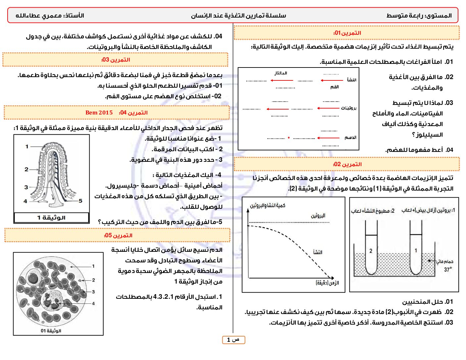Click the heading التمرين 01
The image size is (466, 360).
coord(347,33)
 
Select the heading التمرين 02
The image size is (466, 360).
coord(347,164)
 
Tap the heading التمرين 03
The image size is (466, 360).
coord(116,60)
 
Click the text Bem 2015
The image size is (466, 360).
coord(99,112)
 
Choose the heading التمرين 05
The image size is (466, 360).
coord(118,236)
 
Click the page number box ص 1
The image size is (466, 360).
coord(233,340)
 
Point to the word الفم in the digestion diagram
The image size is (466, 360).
coord(334,87)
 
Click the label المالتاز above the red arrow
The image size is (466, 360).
coord(281,73)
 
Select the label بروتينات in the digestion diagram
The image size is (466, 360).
coord(349,108)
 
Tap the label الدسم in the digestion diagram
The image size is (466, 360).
coord(350,137)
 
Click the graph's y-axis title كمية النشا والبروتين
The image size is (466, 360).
coord(267,205)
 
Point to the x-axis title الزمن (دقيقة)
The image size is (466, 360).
coord(327,283)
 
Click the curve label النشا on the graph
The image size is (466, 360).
coord(318,252)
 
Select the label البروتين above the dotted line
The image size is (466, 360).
coord(318,216)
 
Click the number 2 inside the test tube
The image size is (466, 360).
coord(371,251)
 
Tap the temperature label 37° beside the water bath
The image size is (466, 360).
coord(447,270)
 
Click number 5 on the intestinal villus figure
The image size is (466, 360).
coord(80,201)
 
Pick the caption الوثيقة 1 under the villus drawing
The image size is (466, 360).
coord(51,218)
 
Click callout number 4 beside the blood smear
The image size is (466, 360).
coord(93,303)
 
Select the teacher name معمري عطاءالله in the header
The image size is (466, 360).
coord(38,16)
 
